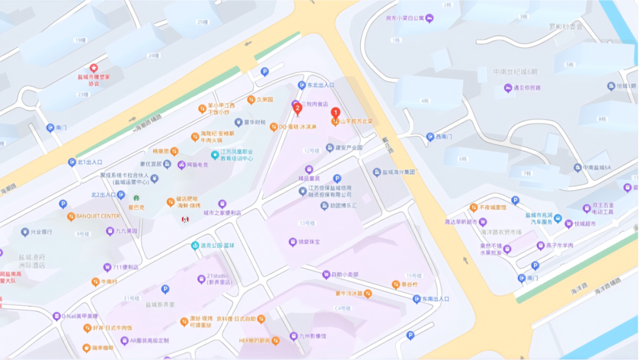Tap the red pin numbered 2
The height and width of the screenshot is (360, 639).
coord(298,108)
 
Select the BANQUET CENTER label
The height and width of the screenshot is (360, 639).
coord(98,216)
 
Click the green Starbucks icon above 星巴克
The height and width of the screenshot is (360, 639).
coord(137,198)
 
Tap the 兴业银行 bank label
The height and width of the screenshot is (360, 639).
coord(41,232)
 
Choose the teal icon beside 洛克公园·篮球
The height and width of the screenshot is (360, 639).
coord(195,246)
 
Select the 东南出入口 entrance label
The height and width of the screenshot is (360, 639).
coord(435,299)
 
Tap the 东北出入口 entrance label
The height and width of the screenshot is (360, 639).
coord(320,85)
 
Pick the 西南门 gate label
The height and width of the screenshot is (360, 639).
coord(443,137)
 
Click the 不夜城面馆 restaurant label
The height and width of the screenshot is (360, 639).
coord(493,208)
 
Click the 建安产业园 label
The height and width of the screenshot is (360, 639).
coord(348,147)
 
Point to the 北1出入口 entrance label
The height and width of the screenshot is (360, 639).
coord(90,162)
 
